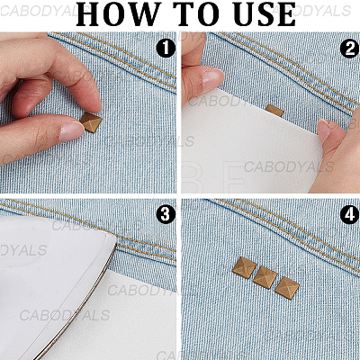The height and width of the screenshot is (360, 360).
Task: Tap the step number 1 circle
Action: tap(166, 49)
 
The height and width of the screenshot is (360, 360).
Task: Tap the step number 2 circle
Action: tap(349, 49)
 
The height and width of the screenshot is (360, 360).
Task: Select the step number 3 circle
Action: tap(166, 215)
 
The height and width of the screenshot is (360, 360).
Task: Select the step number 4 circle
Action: tap(349, 215)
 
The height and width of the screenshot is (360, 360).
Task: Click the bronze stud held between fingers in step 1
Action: tap(91, 122)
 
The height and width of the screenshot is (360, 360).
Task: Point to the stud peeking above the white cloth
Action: tap(274, 111)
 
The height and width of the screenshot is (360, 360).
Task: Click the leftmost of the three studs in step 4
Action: tap(245, 268)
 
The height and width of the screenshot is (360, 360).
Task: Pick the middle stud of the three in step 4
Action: tap(265, 278)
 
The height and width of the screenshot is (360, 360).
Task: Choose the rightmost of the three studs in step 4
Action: tap(287, 288)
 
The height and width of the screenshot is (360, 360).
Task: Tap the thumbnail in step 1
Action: tap(71, 131)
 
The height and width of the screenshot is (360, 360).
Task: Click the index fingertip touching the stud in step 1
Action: tap(95, 103)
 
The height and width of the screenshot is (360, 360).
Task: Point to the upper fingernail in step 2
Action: tap(213, 77)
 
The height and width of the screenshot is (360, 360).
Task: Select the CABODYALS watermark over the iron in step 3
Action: tap(65, 315)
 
